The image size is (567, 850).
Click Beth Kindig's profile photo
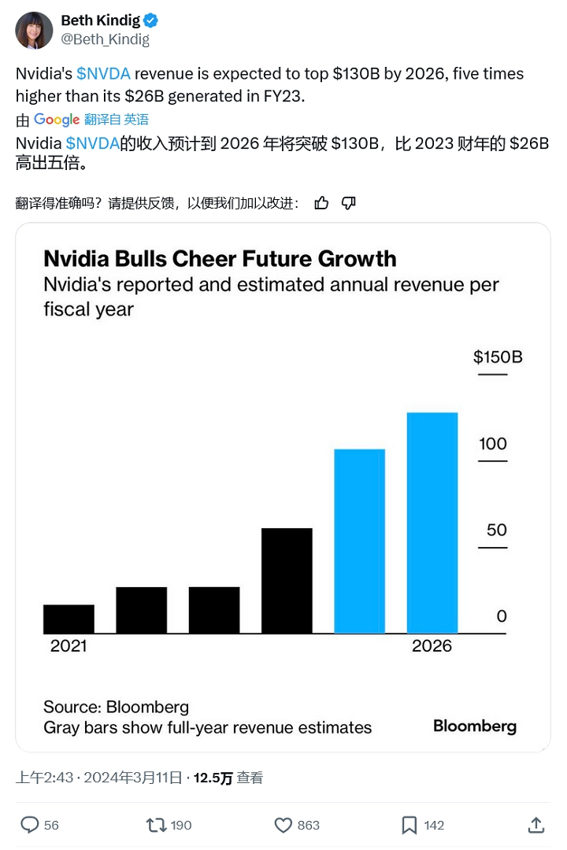(x=34, y=30)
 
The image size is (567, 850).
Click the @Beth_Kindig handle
(x=105, y=39)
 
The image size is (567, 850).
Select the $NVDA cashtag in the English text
(x=103, y=74)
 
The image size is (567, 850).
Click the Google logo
(x=56, y=120)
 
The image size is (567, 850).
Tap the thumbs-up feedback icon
(x=321, y=203)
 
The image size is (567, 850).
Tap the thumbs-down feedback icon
(x=349, y=203)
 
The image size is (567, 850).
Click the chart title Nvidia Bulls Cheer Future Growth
(x=220, y=258)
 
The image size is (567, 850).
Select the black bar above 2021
(x=69, y=619)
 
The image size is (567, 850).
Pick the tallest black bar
(x=287, y=581)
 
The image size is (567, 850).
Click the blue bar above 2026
(x=432, y=523)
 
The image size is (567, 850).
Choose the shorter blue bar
(x=360, y=541)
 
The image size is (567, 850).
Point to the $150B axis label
(x=498, y=357)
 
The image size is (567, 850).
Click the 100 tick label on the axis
(x=493, y=444)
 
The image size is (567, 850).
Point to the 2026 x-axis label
(x=432, y=646)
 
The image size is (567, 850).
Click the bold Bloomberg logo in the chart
(x=475, y=726)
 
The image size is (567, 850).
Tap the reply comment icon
(x=29, y=825)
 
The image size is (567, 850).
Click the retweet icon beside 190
(x=156, y=825)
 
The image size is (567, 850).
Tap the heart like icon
(x=283, y=825)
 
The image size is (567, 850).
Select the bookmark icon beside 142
(x=409, y=825)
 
